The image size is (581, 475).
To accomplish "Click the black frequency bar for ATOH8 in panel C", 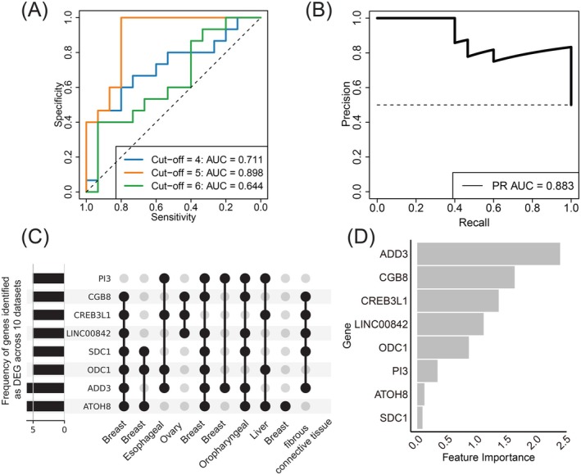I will pyautogui.click(x=45, y=405).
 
